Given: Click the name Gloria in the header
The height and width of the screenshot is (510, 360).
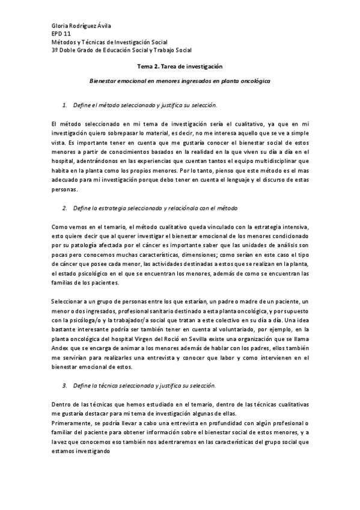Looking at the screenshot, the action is (x=61, y=26).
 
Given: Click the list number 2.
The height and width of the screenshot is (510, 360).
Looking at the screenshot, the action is (x=65, y=207).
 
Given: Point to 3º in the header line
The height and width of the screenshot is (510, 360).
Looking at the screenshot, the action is (x=56, y=51).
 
